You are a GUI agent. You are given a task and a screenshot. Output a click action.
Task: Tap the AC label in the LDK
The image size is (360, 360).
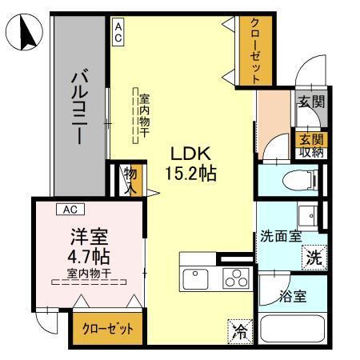click(118, 31)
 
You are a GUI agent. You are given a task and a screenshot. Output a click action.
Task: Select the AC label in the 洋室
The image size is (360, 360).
click(70, 210)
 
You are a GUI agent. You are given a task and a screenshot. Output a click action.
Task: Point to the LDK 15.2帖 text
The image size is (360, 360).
click(191, 162)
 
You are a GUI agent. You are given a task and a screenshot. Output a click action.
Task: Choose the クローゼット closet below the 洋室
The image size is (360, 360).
click(104, 328)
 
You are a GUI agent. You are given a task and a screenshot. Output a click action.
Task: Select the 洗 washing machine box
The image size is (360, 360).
click(314, 257)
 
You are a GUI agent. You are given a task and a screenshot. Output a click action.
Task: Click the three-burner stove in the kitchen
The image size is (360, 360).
click(237, 279)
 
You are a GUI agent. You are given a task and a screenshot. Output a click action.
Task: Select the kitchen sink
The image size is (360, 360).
click(195, 279)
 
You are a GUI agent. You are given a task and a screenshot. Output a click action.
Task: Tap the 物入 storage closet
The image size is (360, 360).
click(131, 180)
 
